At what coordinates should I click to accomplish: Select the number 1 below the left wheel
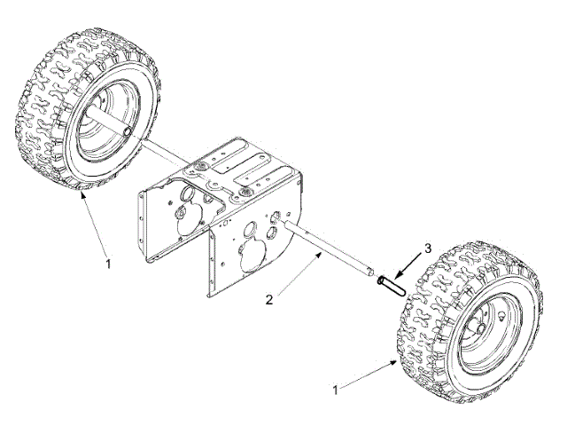click(108, 264)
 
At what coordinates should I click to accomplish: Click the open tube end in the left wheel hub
click(129, 131)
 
